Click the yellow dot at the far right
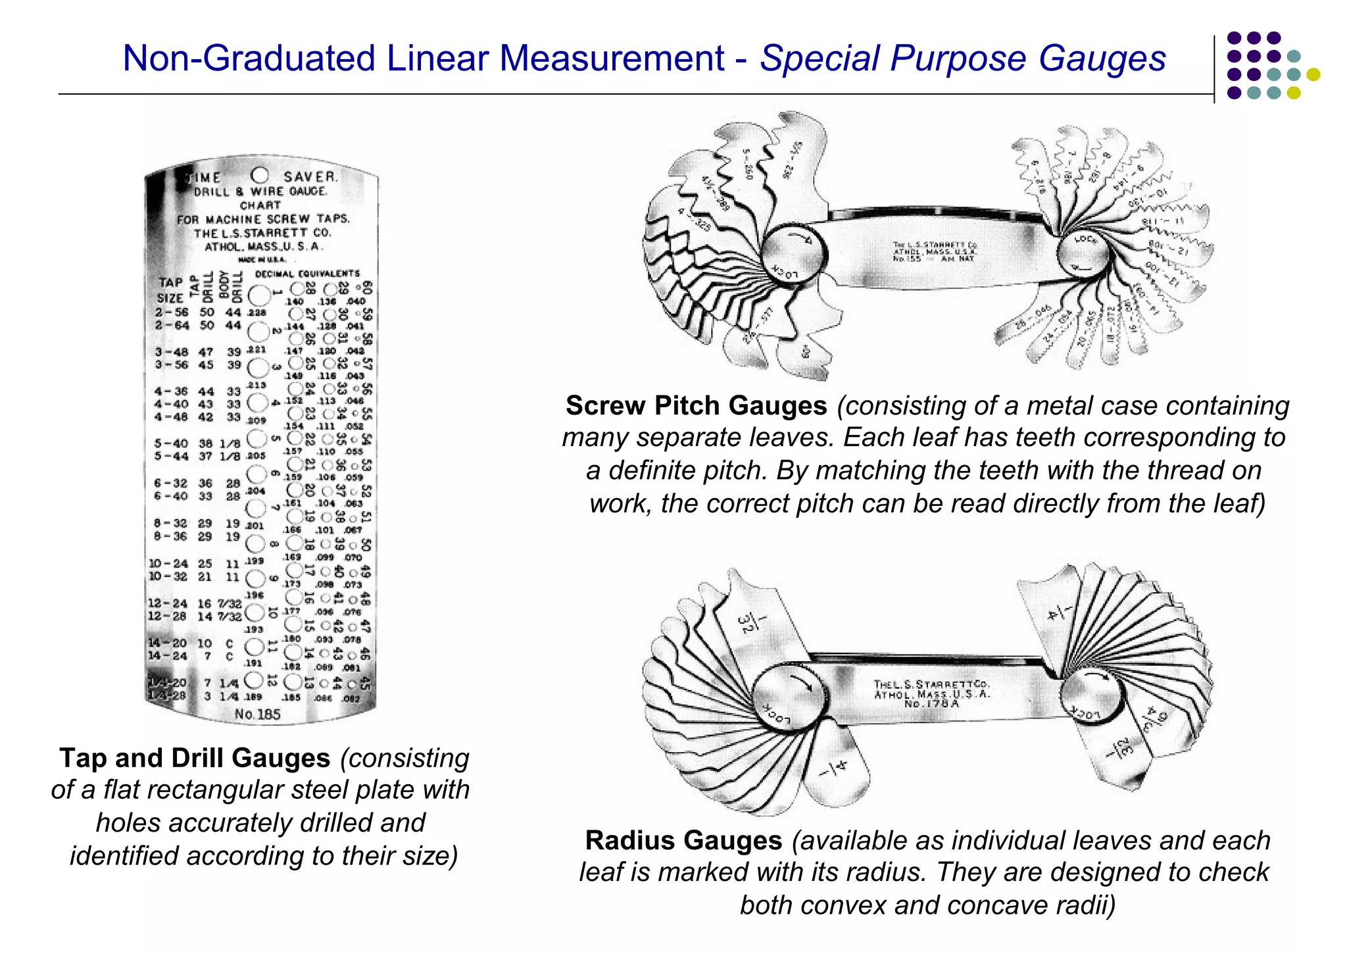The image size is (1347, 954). point(1313,74)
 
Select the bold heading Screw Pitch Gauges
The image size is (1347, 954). point(696,406)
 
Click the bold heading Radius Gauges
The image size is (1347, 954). point(683,841)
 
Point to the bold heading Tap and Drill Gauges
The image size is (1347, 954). point(195,758)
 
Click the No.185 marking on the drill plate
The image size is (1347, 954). point(257,715)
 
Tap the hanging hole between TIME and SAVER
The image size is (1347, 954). point(260,175)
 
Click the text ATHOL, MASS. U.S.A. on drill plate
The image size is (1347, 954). point(263,247)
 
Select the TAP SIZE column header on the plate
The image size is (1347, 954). point(170,289)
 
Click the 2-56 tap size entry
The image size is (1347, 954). point(172,313)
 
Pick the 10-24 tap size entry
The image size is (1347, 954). point(168,564)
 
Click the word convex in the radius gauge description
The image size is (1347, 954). point(855,905)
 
